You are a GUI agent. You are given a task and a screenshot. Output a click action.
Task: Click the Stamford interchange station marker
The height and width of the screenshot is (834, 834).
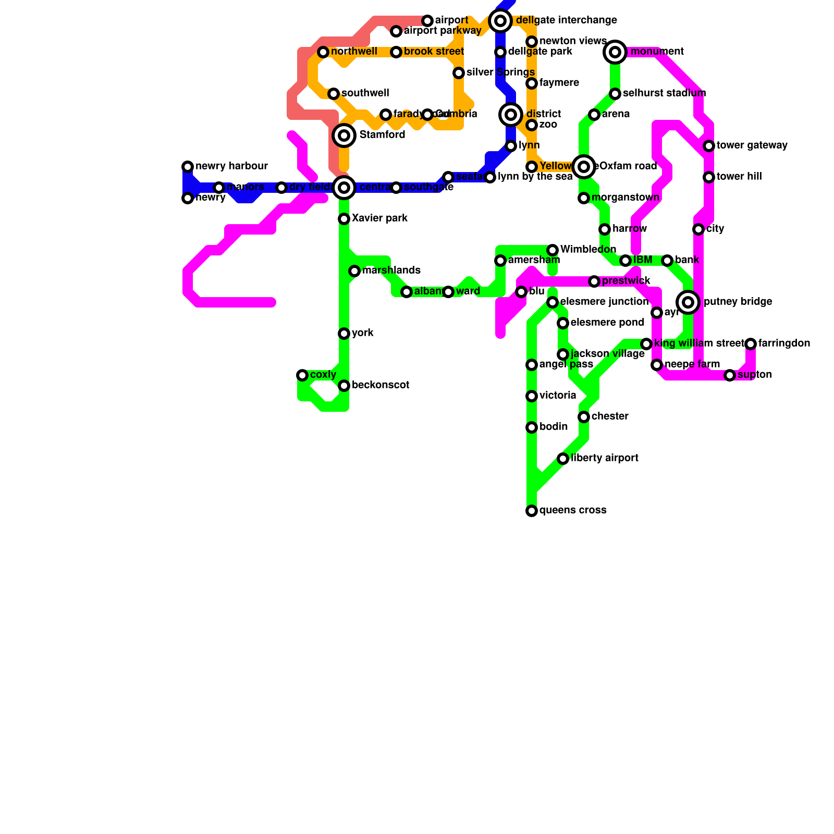(344, 136)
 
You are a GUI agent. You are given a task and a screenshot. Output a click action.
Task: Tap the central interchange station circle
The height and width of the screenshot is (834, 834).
(344, 188)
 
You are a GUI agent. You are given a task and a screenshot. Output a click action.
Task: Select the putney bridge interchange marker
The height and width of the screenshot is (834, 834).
(688, 302)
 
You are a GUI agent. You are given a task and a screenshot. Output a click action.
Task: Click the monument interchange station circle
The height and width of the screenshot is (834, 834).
(615, 52)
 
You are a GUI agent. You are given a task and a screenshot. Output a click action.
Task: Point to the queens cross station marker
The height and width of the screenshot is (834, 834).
(532, 511)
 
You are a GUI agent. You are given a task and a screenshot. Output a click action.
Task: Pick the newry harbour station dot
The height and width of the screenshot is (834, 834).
(188, 167)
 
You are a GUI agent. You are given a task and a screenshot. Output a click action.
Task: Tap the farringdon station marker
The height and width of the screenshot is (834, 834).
(751, 344)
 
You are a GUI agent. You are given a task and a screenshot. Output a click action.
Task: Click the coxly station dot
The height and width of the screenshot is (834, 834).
(302, 375)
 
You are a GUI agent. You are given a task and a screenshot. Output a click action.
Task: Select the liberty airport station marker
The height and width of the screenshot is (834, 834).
(563, 459)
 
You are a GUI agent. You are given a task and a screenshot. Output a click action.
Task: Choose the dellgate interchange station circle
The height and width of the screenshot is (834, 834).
(500, 21)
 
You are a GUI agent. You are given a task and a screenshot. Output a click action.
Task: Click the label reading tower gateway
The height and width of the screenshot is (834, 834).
(752, 145)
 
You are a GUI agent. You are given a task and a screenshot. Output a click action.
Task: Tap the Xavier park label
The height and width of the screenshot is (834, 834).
(379, 218)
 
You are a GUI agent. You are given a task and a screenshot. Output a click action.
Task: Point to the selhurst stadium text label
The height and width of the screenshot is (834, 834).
(664, 93)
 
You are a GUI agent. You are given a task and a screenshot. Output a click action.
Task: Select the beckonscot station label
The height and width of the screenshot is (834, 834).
(380, 385)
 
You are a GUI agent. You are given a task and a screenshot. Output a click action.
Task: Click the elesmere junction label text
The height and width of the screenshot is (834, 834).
(604, 302)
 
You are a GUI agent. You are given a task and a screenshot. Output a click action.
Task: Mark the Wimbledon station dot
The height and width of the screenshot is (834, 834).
(553, 250)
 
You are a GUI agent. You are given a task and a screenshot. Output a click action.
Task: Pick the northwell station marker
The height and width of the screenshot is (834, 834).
(323, 52)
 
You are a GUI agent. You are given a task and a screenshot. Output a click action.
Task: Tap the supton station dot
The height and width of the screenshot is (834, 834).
(730, 375)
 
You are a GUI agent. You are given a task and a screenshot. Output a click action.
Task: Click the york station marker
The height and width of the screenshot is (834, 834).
(344, 334)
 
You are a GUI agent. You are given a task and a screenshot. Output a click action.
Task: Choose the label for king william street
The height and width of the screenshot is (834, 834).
(699, 344)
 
